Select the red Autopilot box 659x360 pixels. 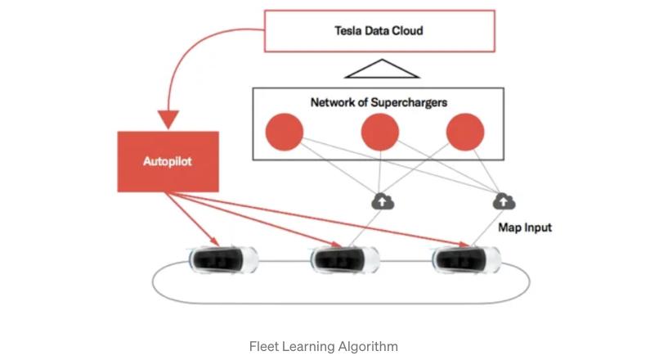pyautogui.click(x=168, y=161)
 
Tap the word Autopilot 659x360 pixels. pyautogui.click(x=168, y=161)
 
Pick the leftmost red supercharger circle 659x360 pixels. pyautogui.click(x=285, y=133)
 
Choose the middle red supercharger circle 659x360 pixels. pyautogui.click(x=380, y=133)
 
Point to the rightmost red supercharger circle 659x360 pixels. pyautogui.click(x=465, y=133)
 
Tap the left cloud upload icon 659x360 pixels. pyautogui.click(x=381, y=200)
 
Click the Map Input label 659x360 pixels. pyautogui.click(x=525, y=227)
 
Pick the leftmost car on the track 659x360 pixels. pyautogui.click(x=223, y=260)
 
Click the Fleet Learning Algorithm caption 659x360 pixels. pyautogui.click(x=324, y=346)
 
